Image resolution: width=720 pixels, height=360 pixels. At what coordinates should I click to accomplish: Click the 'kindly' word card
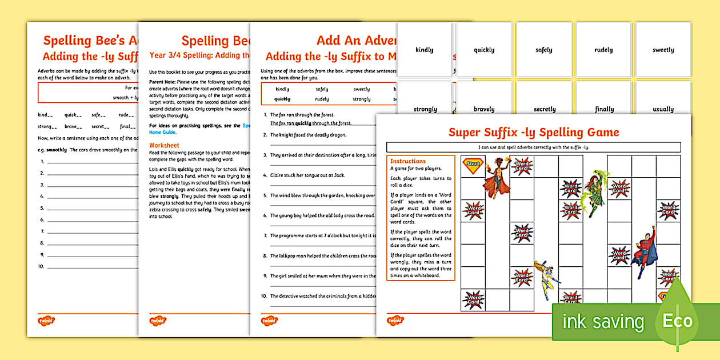coord(425,50)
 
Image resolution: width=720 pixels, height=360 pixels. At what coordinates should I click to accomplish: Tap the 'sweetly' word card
coord(663,50)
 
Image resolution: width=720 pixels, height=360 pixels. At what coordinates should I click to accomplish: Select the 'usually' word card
coord(663,109)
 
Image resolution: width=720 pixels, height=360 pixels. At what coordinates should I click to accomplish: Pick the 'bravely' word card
coord(484,109)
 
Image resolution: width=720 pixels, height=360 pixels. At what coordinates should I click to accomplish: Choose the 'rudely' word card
coord(603,50)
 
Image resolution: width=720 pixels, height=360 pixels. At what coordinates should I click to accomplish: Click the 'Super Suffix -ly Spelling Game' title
coord(533,133)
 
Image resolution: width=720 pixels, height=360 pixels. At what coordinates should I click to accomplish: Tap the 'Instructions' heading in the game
coord(407,161)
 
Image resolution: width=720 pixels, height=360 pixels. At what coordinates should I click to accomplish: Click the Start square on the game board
coord(473,165)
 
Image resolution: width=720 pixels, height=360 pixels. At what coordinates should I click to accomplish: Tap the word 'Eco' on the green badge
coord(677,321)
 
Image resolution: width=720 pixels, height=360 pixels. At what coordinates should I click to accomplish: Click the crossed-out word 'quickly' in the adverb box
coord(282,99)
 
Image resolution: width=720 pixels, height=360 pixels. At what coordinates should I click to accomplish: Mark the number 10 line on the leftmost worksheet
coord(86,266)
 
